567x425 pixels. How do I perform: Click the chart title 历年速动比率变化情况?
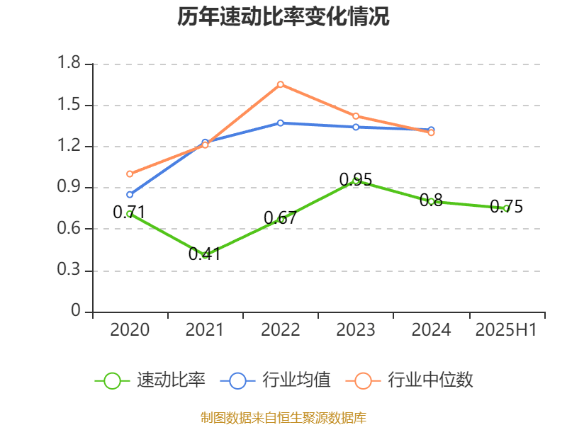tap(283, 17)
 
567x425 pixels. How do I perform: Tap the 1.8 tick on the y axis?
tap(69, 64)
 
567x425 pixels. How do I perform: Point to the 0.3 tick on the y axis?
tap(69, 271)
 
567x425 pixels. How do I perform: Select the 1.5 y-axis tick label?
tap(69, 106)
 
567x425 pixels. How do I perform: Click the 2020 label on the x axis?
tap(130, 330)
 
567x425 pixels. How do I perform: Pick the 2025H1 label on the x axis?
tap(506, 330)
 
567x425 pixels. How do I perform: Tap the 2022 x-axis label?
tap(281, 330)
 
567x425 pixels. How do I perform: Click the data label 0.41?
tap(204, 254)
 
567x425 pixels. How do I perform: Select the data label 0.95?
tap(355, 180)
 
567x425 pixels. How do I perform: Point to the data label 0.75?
tap(506, 207)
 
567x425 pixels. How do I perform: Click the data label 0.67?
tap(280, 218)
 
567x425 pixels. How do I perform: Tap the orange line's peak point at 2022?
tap(281, 84)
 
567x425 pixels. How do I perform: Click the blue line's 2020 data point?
tap(130, 194)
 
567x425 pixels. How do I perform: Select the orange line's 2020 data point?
tap(130, 174)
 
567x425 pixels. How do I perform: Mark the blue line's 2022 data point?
tap(281, 123)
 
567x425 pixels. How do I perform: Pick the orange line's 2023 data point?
tap(356, 116)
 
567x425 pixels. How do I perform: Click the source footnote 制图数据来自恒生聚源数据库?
tap(283, 417)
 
